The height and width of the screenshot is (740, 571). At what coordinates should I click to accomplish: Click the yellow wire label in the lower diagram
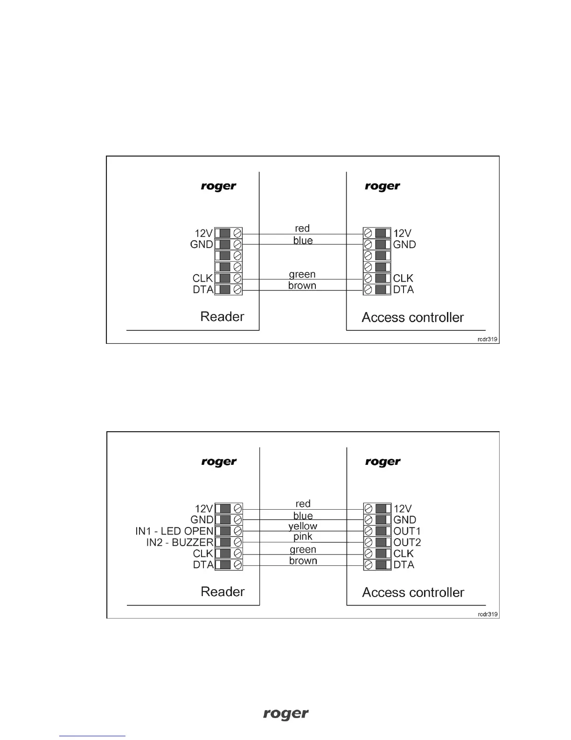(303, 526)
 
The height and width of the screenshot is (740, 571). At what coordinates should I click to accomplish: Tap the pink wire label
(303, 537)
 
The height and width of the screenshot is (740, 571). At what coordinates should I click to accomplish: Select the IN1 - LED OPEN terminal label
(174, 531)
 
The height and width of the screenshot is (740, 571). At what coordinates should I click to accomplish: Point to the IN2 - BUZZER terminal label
(180, 542)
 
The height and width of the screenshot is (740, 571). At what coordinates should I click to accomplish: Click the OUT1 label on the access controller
(407, 531)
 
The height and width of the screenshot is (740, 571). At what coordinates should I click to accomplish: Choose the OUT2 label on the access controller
(407, 542)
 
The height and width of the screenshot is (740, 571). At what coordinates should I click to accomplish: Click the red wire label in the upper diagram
(302, 228)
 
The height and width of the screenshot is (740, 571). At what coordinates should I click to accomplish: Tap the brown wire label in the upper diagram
(302, 285)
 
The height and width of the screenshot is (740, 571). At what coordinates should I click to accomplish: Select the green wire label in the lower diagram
(303, 550)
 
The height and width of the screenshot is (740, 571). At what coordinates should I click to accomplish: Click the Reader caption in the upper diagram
(222, 317)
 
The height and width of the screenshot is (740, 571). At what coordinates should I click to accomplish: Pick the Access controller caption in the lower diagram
(413, 592)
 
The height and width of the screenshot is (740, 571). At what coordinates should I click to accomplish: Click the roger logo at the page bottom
(285, 714)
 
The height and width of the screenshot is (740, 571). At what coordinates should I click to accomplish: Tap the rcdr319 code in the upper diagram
(487, 340)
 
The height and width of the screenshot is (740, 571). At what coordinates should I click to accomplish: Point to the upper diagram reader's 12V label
(203, 233)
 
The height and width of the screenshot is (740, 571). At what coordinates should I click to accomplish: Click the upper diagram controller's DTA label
(404, 290)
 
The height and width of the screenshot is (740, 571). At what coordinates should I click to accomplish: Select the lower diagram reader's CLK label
(203, 554)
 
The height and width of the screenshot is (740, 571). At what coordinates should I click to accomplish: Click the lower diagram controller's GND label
(404, 520)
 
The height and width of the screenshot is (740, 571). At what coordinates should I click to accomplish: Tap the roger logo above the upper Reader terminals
(218, 186)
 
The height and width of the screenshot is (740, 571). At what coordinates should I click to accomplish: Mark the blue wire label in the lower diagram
(303, 516)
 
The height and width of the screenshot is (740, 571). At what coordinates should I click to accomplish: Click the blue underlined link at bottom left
(92, 736)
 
